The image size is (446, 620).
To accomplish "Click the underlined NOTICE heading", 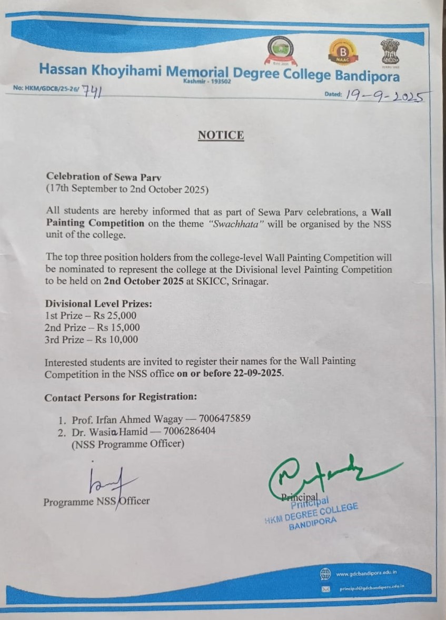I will pyautogui.click(x=221, y=135).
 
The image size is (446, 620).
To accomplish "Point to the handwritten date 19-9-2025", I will pyautogui.click(x=387, y=96).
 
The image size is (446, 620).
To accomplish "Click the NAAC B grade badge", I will pyautogui.click(x=343, y=52).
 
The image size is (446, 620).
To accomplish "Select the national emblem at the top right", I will pyautogui.click(x=390, y=50).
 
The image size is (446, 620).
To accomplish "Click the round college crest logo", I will pyautogui.click(x=283, y=51).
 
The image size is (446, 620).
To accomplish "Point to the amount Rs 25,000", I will pyautogui.click(x=114, y=316).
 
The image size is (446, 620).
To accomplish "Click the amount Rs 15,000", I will pyautogui.click(x=115, y=328).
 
